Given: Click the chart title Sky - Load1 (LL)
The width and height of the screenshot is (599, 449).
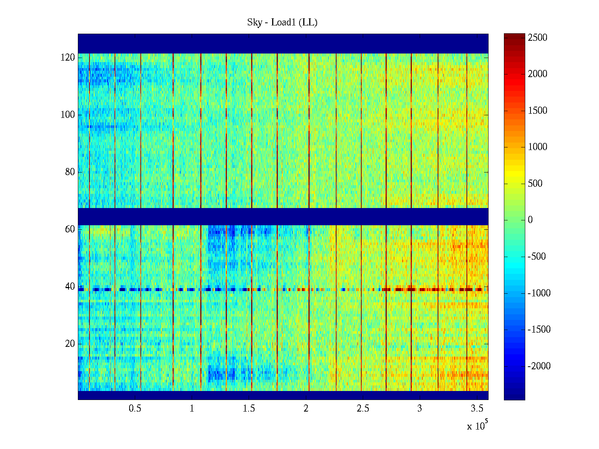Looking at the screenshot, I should point(282,22).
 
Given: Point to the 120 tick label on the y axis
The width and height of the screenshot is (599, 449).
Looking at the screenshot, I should point(68,58).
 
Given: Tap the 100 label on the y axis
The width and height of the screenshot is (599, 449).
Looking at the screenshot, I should point(68,115).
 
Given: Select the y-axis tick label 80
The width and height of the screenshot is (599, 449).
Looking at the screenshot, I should point(70,172).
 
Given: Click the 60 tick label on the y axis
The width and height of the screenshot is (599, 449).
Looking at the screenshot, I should point(70,229).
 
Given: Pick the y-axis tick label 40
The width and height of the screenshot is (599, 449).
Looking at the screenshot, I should point(70,287).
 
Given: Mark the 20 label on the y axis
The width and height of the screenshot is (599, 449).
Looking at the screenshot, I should point(70,344).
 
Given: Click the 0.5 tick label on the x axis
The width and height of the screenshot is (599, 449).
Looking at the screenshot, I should point(135,409).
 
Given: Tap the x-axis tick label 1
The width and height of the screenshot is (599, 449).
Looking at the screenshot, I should point(192,409).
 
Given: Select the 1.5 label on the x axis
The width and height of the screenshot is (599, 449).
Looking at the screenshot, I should point(249,409).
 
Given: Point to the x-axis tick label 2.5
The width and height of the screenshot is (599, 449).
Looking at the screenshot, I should point(363,409).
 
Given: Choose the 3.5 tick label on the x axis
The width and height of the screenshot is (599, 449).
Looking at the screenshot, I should point(477,409).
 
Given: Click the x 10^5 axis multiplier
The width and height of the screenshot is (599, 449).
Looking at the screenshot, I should point(477,426).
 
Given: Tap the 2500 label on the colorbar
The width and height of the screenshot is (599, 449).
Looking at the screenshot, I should point(538,38).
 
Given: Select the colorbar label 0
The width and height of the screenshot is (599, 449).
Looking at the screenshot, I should point(530,220).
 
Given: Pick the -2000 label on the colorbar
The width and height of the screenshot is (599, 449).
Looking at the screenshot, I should point(539,366).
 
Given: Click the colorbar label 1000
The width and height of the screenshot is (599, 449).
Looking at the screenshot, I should point(538,147).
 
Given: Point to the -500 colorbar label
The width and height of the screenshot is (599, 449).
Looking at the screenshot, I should point(537,257).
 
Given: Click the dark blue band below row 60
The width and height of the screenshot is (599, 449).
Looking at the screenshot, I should point(283,216).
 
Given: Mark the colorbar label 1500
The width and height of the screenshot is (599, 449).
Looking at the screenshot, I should point(538,111).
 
